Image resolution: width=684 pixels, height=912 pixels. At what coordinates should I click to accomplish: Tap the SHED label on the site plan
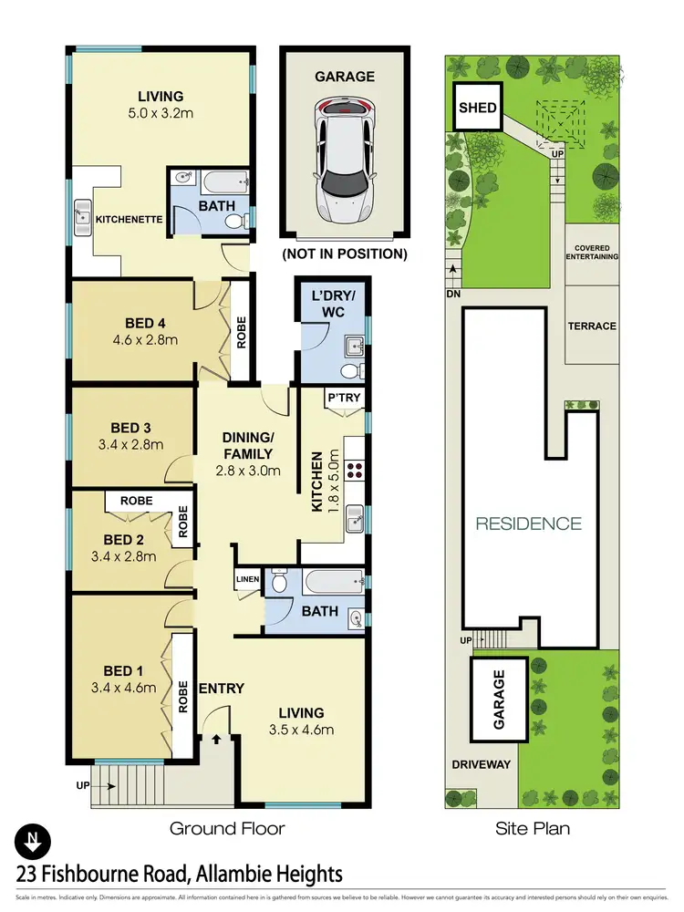(477, 108)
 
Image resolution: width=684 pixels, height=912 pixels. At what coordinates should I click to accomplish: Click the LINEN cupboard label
(248, 579)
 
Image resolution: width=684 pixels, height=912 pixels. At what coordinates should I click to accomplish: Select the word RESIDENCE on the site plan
(527, 523)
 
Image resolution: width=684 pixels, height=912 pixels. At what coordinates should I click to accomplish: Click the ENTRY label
(221, 688)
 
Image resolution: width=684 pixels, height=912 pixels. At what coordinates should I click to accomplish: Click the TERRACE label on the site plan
(591, 326)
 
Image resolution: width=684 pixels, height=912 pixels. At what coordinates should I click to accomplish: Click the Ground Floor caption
(227, 829)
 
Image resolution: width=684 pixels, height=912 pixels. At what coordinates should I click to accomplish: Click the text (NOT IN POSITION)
(344, 254)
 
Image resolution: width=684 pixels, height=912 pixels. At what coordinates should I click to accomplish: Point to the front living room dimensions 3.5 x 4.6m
(301, 730)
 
